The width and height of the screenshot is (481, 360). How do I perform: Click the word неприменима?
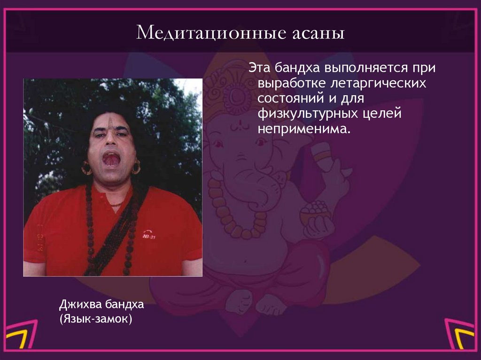[304, 129]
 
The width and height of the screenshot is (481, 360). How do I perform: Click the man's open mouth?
[111, 160]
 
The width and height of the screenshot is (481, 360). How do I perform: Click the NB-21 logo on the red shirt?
[149, 234]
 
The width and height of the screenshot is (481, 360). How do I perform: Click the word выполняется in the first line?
[366, 68]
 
